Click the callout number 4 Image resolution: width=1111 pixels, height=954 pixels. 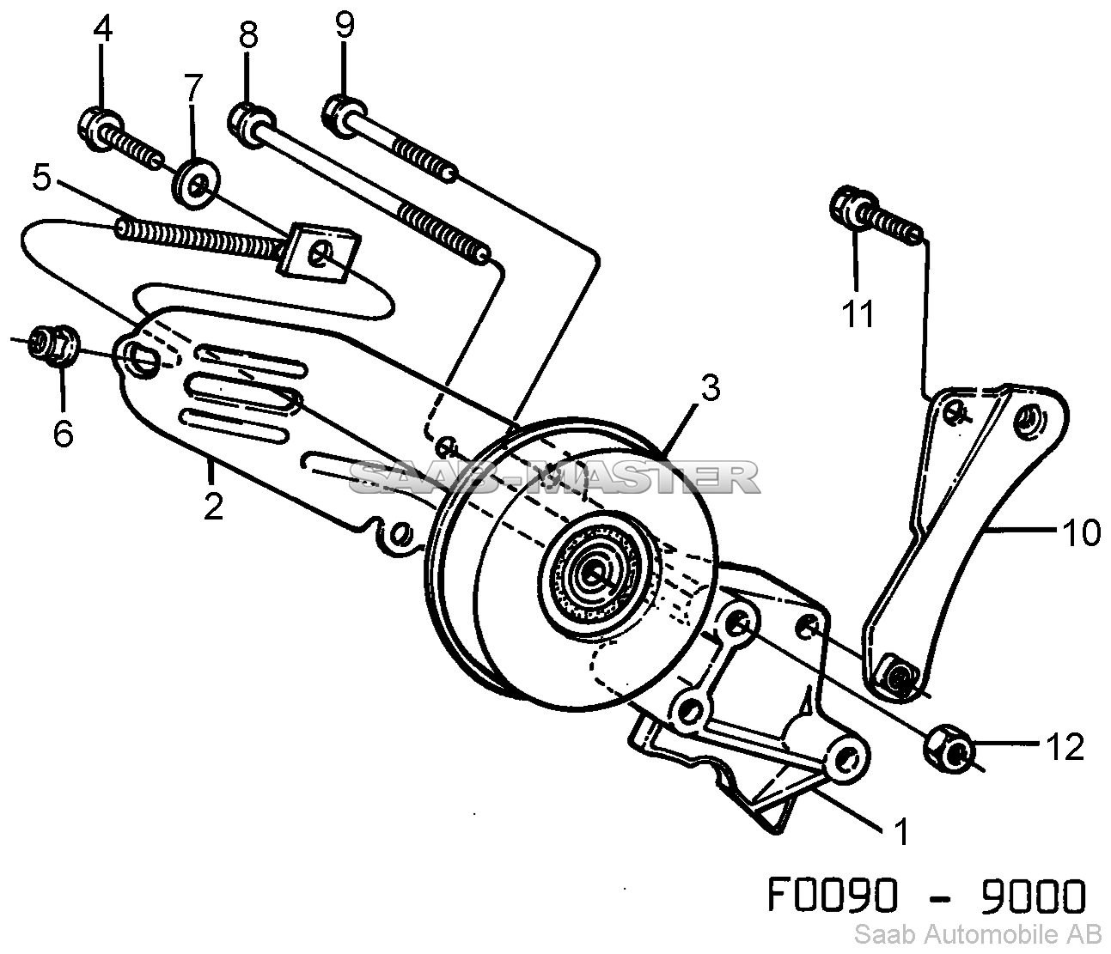(102, 29)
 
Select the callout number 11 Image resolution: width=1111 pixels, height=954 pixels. (858, 313)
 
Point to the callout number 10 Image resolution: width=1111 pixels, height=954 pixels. (1080, 533)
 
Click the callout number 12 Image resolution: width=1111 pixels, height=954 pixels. (1065, 747)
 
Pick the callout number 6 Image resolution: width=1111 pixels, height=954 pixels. (63, 432)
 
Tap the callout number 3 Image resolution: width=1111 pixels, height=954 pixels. (711, 388)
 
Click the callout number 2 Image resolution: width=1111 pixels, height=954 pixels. (213, 506)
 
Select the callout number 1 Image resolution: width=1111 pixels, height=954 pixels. (901, 831)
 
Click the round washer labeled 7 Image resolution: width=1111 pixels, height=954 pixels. (196, 183)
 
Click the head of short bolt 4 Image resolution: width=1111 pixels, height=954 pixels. (101, 129)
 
